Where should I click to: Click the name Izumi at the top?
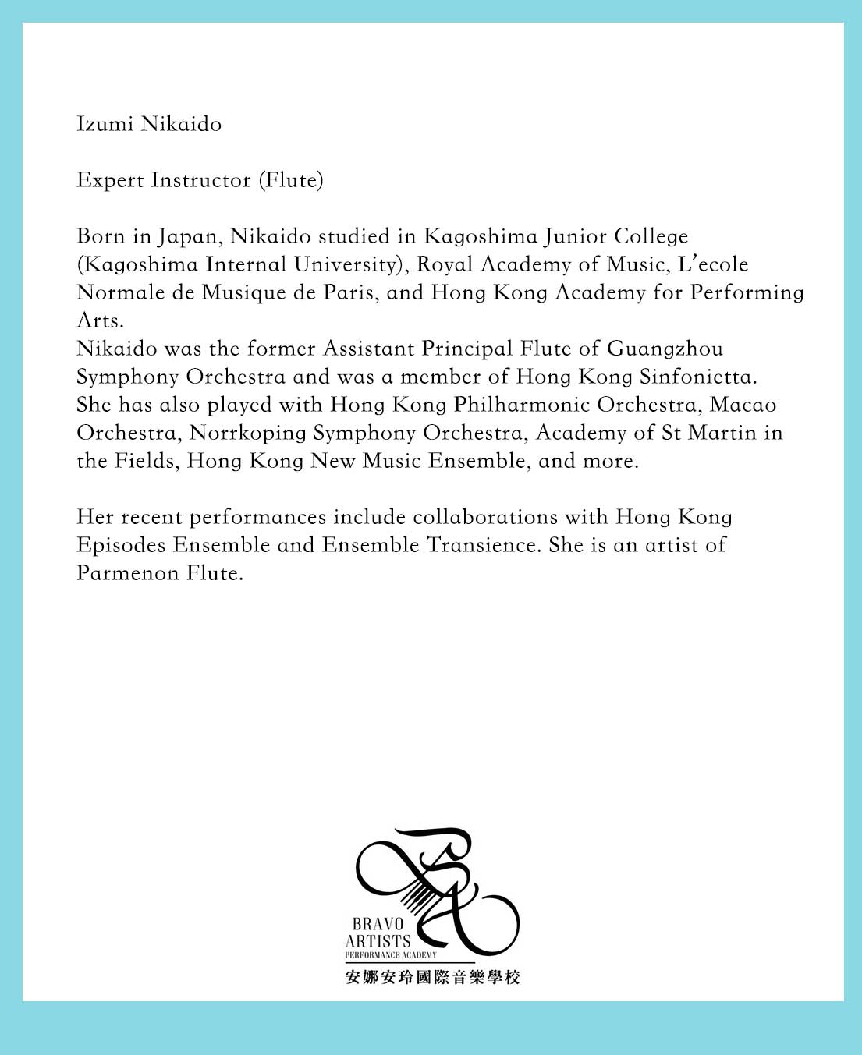coord(105,124)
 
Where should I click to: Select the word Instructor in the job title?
coord(201,180)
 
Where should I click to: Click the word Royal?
coord(445,264)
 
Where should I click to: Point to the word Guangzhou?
coord(665,349)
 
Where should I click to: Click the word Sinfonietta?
coord(698,377)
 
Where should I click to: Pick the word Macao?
coord(743,405)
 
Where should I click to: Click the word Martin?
coord(722,433)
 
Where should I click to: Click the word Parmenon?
coord(127,573)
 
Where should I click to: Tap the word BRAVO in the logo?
coord(378,924)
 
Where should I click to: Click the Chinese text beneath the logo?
coord(432,977)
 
